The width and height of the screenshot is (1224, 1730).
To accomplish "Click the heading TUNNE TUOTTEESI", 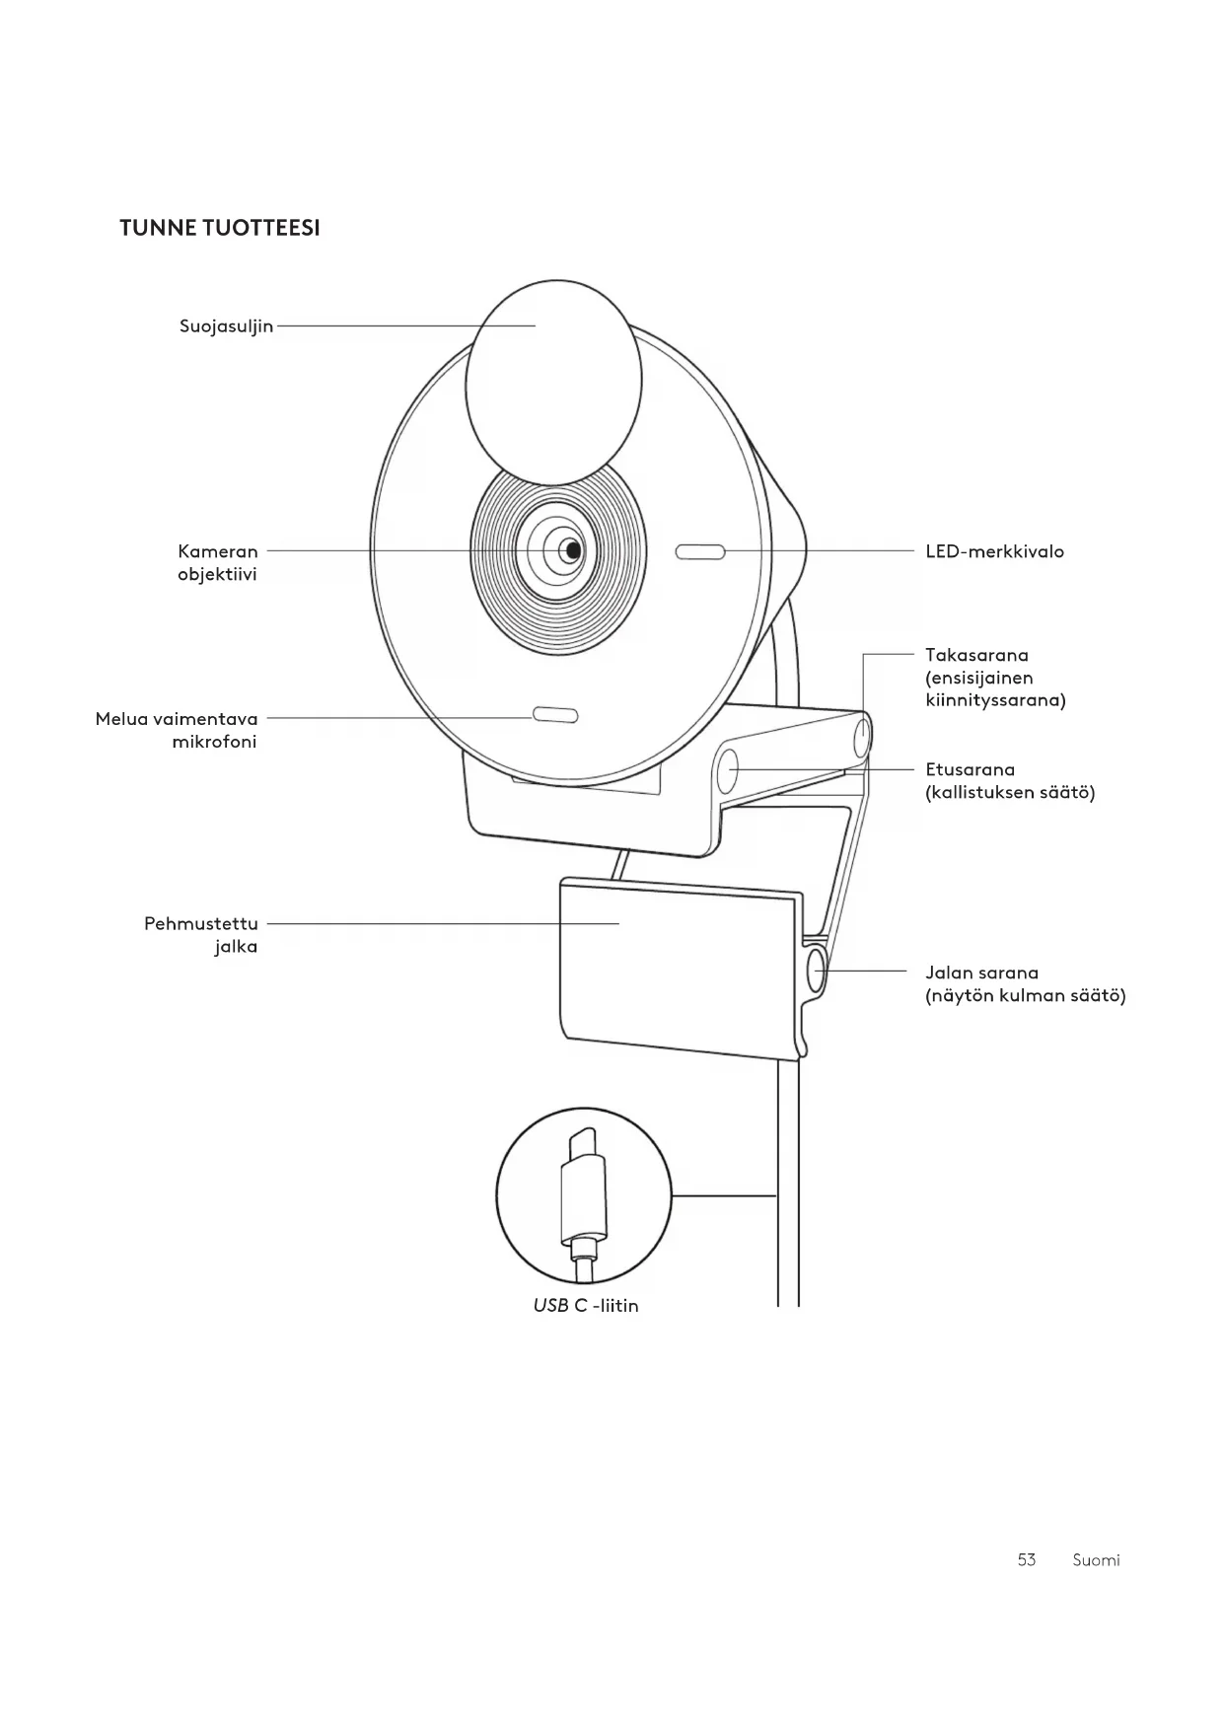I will click(219, 228).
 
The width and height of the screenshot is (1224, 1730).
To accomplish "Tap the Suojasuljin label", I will click(226, 326).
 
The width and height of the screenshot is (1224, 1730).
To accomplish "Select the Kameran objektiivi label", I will click(217, 562).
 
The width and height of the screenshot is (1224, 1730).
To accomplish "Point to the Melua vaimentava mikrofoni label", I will click(177, 730).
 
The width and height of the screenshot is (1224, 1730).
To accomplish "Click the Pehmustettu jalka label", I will click(201, 935).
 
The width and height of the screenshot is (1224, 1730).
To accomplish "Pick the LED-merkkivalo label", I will click(994, 551).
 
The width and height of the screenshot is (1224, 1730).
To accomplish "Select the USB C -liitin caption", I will click(586, 1306).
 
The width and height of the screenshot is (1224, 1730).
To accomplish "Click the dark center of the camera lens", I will click(570, 551).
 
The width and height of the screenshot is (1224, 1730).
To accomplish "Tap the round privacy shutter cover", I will click(553, 380).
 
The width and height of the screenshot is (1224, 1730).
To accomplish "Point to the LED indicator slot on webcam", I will click(700, 552).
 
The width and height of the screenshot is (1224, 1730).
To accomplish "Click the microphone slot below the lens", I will click(555, 714).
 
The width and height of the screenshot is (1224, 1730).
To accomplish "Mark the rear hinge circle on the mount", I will click(862, 736).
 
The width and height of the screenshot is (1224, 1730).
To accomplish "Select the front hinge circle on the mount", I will click(728, 769).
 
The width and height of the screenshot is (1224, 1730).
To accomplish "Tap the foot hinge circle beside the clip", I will click(817, 971).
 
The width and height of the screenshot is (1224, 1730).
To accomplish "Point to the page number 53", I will click(1026, 1559).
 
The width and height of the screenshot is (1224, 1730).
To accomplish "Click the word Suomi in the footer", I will click(1096, 1559).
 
